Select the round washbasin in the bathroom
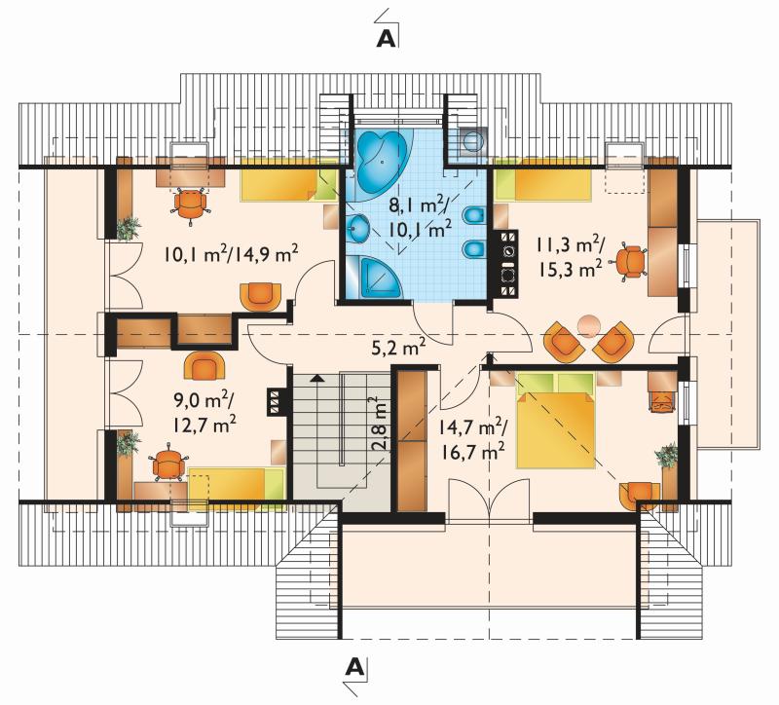(357, 229)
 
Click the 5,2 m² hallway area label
(398, 348)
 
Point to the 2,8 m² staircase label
(379, 423)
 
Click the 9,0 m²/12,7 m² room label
(204, 412)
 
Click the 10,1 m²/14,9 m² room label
(232, 254)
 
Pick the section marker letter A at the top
(386, 39)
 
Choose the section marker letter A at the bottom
(353, 667)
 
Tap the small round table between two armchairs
(589, 325)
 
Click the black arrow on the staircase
(315, 378)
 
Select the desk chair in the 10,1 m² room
(190, 205)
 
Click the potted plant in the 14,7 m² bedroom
(666, 456)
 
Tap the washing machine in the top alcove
(472, 141)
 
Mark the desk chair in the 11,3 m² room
(630, 262)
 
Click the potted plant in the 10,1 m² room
(129, 228)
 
